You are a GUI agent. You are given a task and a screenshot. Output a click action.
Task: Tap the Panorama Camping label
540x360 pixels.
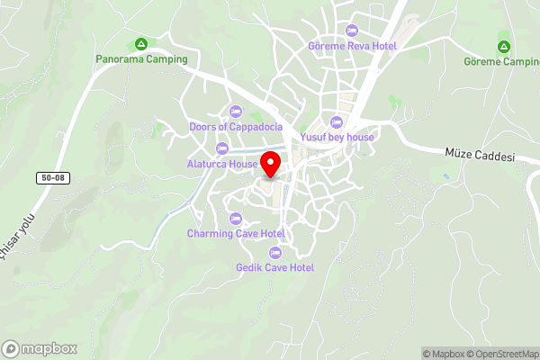[x=142, y=59]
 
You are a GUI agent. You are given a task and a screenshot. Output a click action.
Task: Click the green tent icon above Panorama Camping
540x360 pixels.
[x=141, y=44]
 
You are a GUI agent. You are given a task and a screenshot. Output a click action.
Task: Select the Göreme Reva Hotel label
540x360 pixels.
[x=352, y=46]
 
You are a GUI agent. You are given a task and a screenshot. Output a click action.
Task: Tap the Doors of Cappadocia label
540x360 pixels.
[x=236, y=127]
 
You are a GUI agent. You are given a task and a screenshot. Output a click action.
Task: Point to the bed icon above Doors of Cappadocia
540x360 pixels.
[x=236, y=112]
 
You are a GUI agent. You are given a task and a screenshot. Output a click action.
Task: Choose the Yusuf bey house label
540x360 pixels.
[x=337, y=137]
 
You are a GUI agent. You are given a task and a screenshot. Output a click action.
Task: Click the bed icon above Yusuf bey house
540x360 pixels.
[x=337, y=121]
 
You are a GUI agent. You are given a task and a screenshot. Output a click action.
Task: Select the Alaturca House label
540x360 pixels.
[x=222, y=164]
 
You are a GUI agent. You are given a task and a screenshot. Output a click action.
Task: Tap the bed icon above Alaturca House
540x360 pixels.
[x=222, y=148]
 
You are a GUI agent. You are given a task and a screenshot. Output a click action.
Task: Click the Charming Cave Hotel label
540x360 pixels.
[x=236, y=234]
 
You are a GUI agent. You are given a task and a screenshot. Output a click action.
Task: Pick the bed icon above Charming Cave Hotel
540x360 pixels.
[x=236, y=219]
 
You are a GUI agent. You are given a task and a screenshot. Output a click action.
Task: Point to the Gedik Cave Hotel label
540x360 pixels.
[x=274, y=267]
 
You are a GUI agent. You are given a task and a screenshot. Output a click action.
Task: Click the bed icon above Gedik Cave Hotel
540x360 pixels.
[x=274, y=252]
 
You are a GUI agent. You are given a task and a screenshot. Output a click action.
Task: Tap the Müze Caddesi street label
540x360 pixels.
[x=479, y=155]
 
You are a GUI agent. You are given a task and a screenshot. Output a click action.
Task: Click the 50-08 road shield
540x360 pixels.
[x=54, y=179]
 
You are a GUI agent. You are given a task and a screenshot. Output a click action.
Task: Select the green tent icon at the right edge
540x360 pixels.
[x=503, y=46]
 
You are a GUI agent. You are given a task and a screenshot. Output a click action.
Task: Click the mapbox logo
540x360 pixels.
[x=40, y=348]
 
